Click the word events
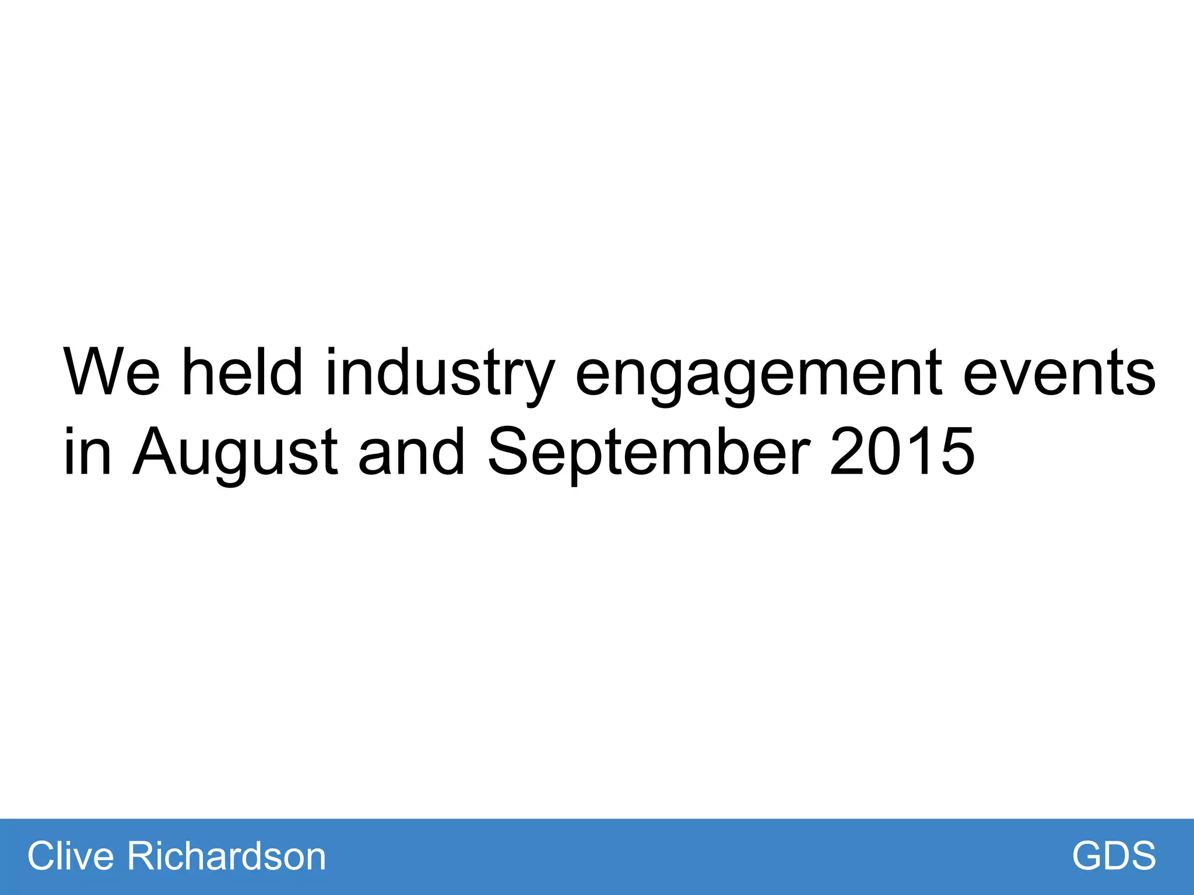1059,373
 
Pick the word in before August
87,452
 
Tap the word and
412,452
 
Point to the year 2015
901,452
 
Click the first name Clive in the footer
71,856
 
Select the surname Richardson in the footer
226,856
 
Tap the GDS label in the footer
1114,856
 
